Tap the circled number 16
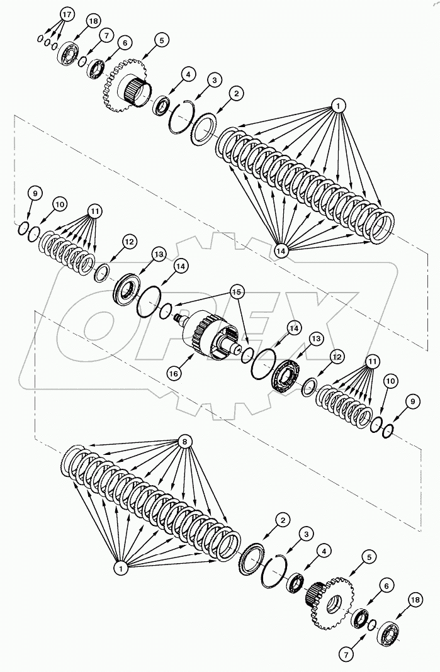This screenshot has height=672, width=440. point(173,373)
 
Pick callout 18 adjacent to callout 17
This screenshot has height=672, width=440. point(94,21)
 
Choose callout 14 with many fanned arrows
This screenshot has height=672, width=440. point(280,250)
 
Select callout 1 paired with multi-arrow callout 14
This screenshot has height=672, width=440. point(338,106)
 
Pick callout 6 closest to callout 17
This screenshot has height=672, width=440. point(124,43)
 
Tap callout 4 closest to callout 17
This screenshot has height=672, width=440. point(187,74)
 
